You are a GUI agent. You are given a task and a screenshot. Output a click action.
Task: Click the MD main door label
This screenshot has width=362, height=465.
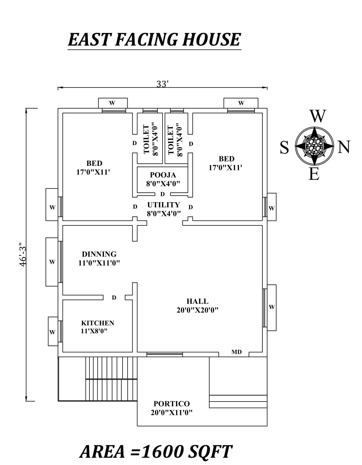pyautogui.click(x=236, y=352)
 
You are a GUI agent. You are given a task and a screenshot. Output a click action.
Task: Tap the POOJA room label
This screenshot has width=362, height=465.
pyautogui.click(x=163, y=175)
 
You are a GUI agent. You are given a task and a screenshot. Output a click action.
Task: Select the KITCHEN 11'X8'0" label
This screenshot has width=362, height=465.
pyautogui.click(x=97, y=327)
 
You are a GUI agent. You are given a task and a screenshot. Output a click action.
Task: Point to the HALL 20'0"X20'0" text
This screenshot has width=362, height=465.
pyautogui.click(x=198, y=306)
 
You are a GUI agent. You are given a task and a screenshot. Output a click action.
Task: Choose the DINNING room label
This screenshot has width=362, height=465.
pyautogui.click(x=99, y=254)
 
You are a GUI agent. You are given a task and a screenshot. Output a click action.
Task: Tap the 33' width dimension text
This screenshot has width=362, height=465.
pyautogui.click(x=163, y=84)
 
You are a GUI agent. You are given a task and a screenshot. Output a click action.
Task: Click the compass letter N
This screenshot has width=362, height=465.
pyautogui.click(x=344, y=147)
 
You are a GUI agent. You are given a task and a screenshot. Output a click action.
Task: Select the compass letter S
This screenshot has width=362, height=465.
pyautogui.click(x=284, y=148)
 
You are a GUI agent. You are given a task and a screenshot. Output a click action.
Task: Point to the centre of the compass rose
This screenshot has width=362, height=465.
pyautogui.click(x=314, y=146)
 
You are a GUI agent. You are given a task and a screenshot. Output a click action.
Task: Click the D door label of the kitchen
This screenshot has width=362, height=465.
pyautogui.click(x=114, y=298)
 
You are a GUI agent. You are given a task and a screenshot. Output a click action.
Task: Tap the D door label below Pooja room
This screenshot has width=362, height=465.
pyautogui.click(x=163, y=194)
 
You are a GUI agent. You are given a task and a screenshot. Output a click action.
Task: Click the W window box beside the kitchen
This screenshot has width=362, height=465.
pyautogui.click(x=53, y=332)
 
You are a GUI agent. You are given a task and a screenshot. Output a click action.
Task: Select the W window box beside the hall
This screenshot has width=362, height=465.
pyautogui.click(x=272, y=307)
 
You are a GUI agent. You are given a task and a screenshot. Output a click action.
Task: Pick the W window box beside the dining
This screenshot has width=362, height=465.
pyautogui.click(x=52, y=262)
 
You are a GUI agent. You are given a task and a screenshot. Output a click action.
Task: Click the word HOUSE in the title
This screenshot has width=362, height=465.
pyautogui.click(x=211, y=39)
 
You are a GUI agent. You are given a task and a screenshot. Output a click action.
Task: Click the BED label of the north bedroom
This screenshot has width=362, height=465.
pyautogui.click(x=226, y=159)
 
